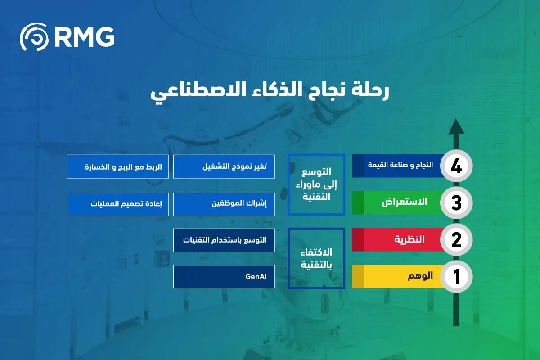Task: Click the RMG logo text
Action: tap(84, 37)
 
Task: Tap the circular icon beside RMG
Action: tap(34, 37)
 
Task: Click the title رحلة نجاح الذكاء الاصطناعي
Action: tap(269, 91)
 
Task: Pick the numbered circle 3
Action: tap(456, 203)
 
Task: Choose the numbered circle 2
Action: tap(456, 240)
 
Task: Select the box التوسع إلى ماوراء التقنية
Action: tap(316, 184)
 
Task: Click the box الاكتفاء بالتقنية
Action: tap(316, 258)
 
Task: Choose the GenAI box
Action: tap(224, 277)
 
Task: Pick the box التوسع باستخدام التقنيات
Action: tap(224, 240)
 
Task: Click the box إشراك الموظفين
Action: tap(224, 204)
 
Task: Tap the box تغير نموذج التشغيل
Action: tap(224, 166)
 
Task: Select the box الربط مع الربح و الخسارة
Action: tap(118, 166)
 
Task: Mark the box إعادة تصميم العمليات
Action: tap(118, 204)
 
